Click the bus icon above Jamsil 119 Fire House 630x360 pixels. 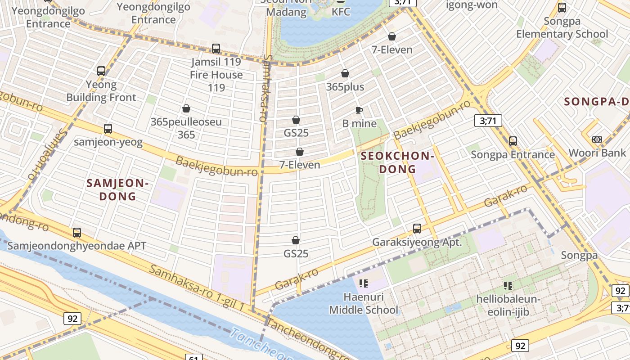(x=216, y=49)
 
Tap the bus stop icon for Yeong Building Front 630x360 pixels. (x=101, y=71)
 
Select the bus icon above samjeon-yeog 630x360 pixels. (x=108, y=129)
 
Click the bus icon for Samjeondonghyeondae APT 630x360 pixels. (x=77, y=233)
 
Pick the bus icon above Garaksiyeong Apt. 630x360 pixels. (x=417, y=229)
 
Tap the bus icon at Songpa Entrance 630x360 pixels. (x=513, y=141)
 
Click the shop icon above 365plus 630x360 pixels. (x=345, y=73)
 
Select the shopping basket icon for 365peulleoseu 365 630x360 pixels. (x=186, y=109)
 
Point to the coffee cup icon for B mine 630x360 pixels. (x=359, y=110)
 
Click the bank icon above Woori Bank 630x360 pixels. (x=597, y=139)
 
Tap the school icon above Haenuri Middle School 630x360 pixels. (x=364, y=283)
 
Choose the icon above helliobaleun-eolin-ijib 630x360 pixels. (x=508, y=285)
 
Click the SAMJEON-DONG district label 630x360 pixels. (x=117, y=189)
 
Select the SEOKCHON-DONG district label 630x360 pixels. (x=397, y=162)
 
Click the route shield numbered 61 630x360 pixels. (x=193, y=358)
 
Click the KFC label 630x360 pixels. (x=341, y=12)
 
